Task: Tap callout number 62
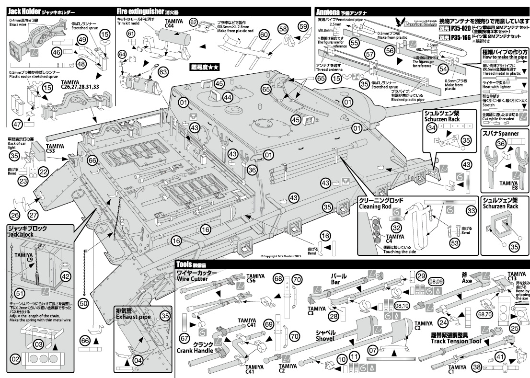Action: [x=194, y=22]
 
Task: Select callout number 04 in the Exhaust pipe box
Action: [x=138, y=360]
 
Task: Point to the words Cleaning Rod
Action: [x=375, y=206]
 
